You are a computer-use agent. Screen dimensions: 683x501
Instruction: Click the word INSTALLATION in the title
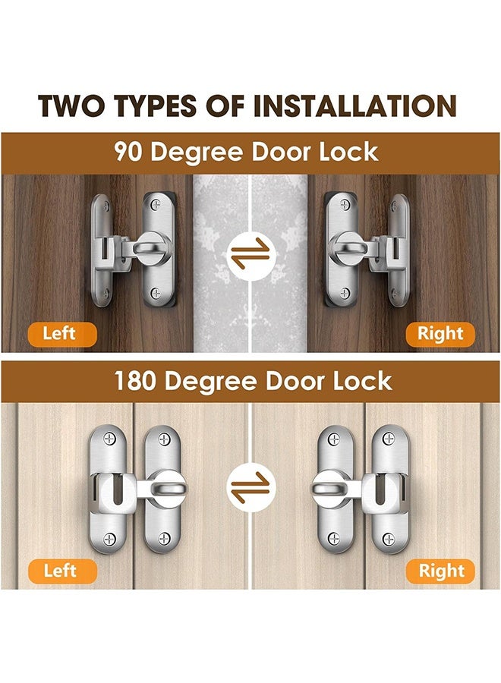[354, 106]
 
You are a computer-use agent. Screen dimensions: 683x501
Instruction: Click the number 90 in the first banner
[129, 151]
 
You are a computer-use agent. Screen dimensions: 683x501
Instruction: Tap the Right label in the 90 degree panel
[440, 333]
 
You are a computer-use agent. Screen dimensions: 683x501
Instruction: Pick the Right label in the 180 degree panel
[440, 571]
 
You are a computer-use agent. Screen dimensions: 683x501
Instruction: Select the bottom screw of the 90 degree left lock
[156, 292]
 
